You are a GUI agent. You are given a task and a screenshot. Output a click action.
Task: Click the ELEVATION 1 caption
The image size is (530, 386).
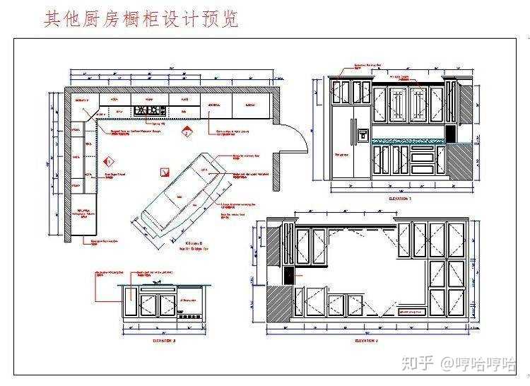pos(399,199)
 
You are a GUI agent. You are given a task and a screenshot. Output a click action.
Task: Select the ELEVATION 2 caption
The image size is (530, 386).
pos(367,340)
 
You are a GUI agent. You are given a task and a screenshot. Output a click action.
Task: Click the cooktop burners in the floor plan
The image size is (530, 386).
pos(150,111)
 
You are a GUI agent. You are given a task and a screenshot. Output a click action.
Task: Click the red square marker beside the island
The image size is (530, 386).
pos(165,172)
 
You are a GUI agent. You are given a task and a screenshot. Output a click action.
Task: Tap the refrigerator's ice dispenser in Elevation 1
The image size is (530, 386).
pos(363,133)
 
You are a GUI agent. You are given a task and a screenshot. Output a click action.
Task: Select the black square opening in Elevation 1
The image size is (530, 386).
pos(449,132)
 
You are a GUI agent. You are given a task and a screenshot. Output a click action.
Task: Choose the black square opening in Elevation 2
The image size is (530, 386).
pos(288,275)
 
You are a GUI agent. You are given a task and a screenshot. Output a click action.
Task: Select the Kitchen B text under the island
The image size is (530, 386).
pos(189,242)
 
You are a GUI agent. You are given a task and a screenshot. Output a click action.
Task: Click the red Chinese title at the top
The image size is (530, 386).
pos(141,18)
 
